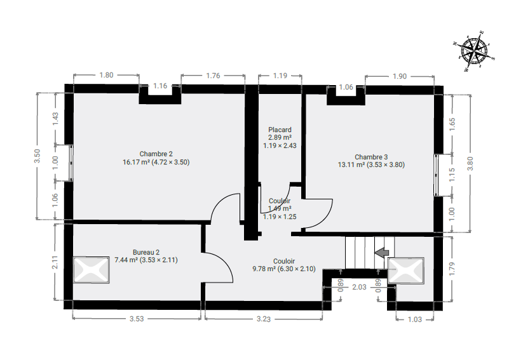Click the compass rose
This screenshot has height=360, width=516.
click(x=474, y=51)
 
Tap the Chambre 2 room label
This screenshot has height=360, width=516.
click(x=156, y=154)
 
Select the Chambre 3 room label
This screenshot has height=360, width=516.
click(x=371, y=157)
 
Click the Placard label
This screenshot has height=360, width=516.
click(x=280, y=130)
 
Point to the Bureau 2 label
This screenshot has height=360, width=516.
click(x=146, y=252)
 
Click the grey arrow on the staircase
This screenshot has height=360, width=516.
click(x=382, y=253)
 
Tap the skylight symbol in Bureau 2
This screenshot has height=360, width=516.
click(x=91, y=270)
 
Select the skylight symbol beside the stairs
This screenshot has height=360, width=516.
click(x=406, y=270)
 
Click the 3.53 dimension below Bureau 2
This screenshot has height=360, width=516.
click(x=137, y=319)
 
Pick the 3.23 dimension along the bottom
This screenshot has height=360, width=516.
click(x=264, y=319)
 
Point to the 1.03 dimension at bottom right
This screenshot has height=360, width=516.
click(x=414, y=319)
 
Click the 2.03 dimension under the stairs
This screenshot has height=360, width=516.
click(x=360, y=287)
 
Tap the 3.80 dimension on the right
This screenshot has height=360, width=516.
click(x=471, y=163)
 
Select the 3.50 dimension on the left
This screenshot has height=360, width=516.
click(x=37, y=156)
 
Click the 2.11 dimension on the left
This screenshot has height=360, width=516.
click(x=55, y=262)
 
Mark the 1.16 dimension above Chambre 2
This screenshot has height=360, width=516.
click(x=160, y=86)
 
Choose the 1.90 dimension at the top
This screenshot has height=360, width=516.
click(x=400, y=76)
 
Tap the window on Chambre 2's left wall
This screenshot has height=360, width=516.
click(x=71, y=163)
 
